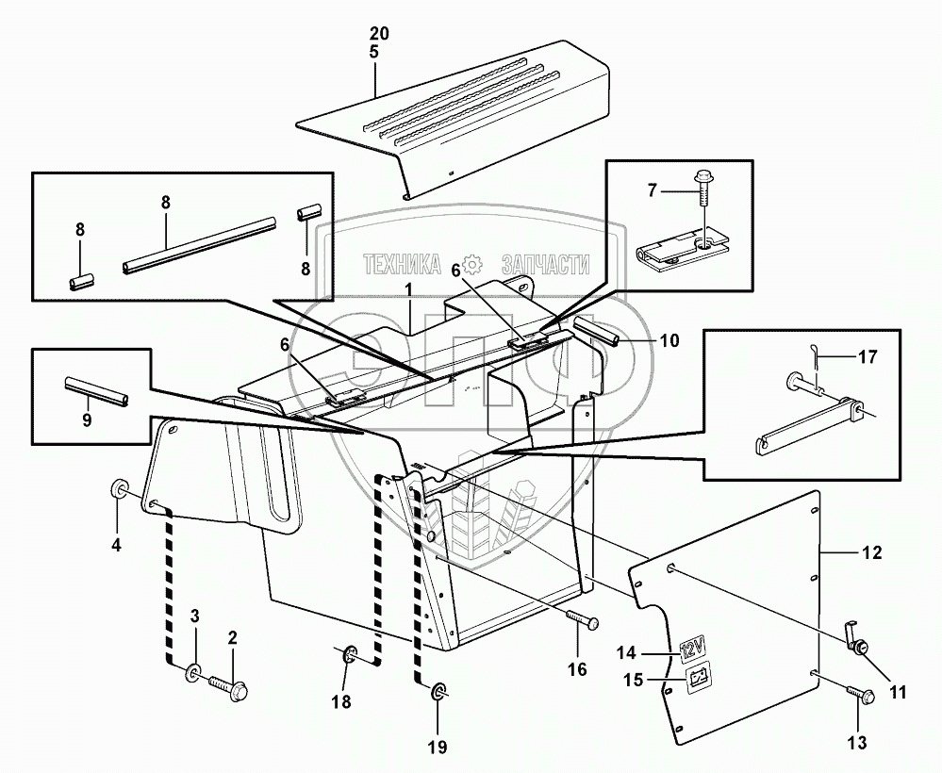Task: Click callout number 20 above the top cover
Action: (373, 33)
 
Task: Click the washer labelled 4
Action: (120, 489)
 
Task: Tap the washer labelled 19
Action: (439, 694)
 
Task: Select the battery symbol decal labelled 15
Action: (698, 676)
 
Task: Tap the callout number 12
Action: (872, 553)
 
